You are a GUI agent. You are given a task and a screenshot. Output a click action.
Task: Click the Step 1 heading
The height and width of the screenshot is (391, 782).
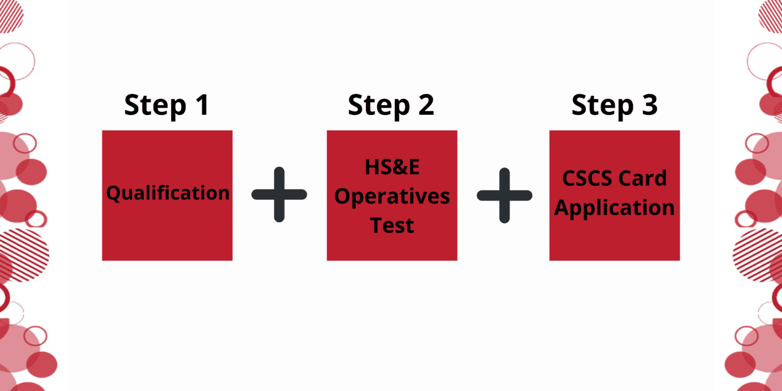pyautogui.click(x=166, y=105)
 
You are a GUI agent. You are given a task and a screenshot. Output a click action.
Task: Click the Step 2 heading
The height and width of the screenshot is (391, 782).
pyautogui.click(x=391, y=105)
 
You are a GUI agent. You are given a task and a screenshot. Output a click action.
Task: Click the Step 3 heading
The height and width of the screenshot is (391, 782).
pyautogui.click(x=615, y=105)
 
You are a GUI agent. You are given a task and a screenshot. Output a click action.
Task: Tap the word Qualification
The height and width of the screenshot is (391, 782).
pyautogui.click(x=168, y=194)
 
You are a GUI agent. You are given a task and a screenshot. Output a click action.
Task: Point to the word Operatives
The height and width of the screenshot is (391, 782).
pyautogui.click(x=392, y=197)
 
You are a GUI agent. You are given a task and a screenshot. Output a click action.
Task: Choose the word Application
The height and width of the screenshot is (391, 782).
pyautogui.click(x=615, y=208)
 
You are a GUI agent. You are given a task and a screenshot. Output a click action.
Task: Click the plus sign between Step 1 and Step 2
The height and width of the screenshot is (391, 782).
pyautogui.click(x=279, y=194)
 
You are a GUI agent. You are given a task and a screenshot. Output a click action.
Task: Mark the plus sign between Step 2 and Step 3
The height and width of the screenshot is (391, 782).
pyautogui.click(x=504, y=194)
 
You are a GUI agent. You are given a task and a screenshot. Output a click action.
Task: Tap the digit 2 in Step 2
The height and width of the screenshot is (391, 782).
pyautogui.click(x=425, y=105)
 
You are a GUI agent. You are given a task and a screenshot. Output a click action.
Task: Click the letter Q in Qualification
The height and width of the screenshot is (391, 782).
pyautogui.click(x=113, y=194)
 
